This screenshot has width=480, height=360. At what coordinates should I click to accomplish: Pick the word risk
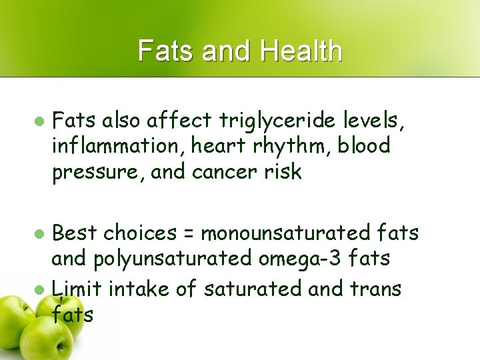coord(281,171)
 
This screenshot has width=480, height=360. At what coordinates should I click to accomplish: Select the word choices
coord(138,233)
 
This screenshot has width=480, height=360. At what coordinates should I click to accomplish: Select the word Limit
coord(76,289)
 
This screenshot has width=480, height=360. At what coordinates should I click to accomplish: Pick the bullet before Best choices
coord(39,234)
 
